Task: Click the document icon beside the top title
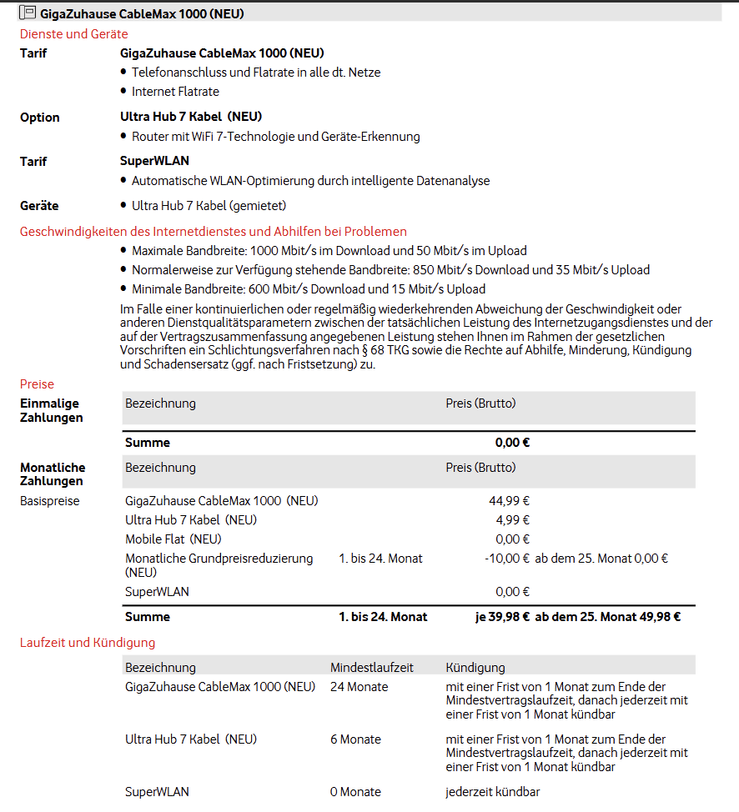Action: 28,13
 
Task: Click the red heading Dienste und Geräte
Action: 74,34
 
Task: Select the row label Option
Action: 40,118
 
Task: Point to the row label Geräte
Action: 39,206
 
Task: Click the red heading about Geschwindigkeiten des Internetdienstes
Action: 213,231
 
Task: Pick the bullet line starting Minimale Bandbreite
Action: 308,289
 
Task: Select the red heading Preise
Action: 37,384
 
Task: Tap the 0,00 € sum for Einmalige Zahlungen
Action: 512,443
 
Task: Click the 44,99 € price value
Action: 510,501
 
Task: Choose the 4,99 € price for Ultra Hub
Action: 513,520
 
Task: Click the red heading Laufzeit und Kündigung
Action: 88,643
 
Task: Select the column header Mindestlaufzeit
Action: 372,668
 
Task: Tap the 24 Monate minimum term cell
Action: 359,687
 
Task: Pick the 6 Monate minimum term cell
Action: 355,739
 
